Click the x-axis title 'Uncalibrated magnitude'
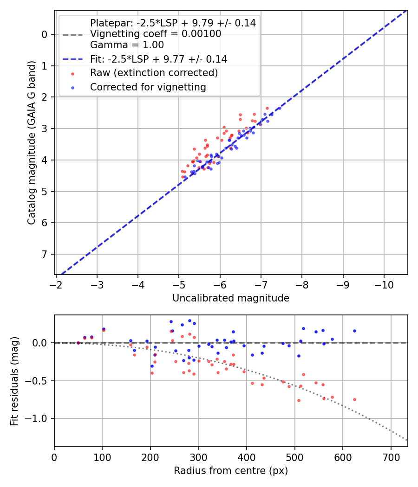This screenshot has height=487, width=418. (x=231, y=298)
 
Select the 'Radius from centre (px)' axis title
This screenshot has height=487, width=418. (x=231, y=471)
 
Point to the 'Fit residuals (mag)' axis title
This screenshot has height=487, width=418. (x=14, y=381)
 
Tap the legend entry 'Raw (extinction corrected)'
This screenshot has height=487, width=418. (x=154, y=73)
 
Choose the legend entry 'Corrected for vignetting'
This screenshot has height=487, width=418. (x=148, y=87)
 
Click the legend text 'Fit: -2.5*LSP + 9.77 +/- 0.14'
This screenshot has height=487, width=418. (x=158, y=59)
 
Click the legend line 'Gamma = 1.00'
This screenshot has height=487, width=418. (x=127, y=45)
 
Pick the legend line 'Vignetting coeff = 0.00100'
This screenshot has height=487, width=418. (x=156, y=34)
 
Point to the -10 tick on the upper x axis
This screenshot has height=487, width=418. (x=384, y=284)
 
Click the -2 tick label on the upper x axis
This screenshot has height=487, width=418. (x=56, y=284)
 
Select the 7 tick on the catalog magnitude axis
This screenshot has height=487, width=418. (x=45, y=254)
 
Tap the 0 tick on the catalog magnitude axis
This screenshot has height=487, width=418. (x=45, y=34)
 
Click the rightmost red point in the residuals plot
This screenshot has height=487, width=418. (x=354, y=399)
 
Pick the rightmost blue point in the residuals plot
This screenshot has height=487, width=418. (x=354, y=331)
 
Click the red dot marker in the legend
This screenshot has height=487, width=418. (x=72, y=73)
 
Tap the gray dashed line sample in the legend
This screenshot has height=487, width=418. (x=72, y=34)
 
